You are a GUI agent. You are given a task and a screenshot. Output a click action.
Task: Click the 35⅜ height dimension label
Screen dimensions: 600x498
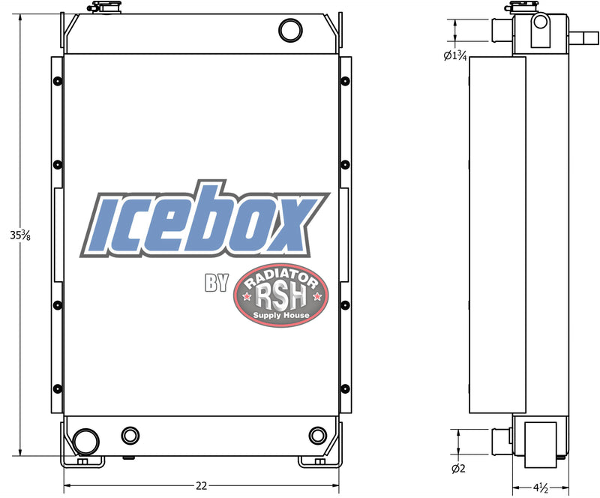click(20, 235)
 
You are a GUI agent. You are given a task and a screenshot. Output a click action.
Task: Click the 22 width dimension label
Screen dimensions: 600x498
click(201, 486)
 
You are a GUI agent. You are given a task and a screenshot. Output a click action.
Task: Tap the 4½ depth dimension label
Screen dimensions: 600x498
click(541, 487)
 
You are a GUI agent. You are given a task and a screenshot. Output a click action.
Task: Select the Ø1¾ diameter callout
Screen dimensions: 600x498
click(455, 56)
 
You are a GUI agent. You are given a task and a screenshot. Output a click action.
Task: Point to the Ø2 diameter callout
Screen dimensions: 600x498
click(458, 468)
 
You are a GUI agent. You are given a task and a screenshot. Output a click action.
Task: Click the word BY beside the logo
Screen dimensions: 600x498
click(217, 283)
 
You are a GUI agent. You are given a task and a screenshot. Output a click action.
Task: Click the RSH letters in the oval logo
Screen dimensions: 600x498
click(281, 297)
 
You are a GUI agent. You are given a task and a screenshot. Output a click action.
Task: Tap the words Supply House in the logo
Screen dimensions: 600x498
click(281, 315)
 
